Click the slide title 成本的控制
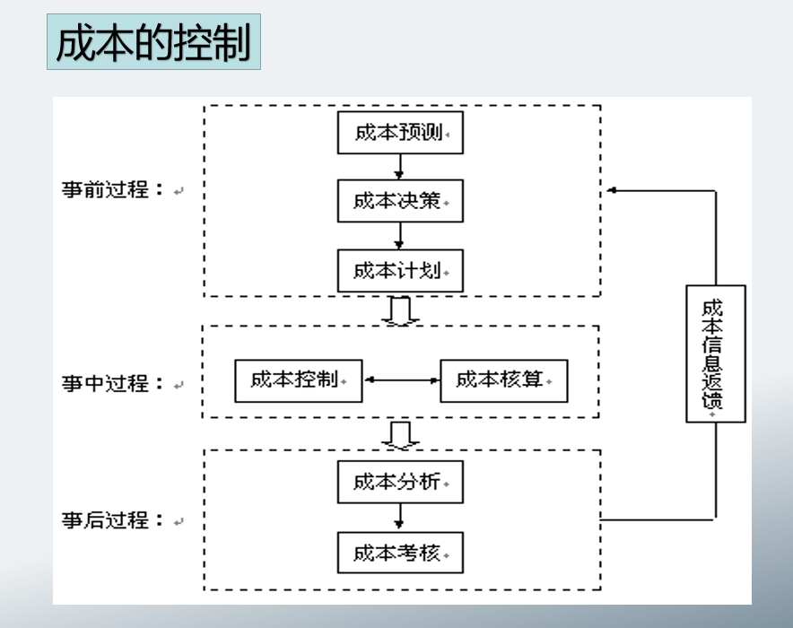(x=153, y=42)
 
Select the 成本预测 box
(x=400, y=133)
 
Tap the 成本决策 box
(x=400, y=201)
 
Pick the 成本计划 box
(x=400, y=270)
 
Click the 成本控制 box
(x=299, y=380)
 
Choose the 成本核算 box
(x=504, y=380)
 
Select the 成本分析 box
(x=400, y=482)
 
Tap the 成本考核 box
(x=400, y=552)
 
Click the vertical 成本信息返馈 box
(x=715, y=353)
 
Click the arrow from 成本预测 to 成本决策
(x=400, y=167)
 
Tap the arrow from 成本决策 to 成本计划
(x=400, y=236)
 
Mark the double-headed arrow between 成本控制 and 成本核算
(x=401, y=380)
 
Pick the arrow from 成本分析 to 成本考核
(x=400, y=517)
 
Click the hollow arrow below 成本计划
(x=400, y=310)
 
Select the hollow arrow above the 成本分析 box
(x=400, y=434)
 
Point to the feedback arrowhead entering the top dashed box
(x=613, y=190)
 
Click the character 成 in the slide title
(x=75, y=42)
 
